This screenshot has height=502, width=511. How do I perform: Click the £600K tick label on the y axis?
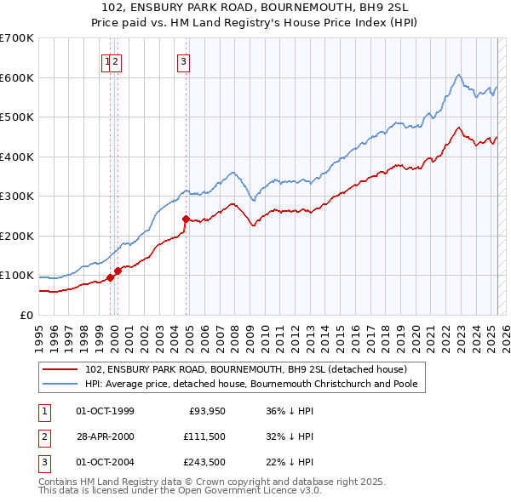[x=16, y=77]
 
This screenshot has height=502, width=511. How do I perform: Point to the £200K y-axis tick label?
[x=16, y=236]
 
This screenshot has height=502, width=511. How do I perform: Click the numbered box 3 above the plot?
[x=183, y=60]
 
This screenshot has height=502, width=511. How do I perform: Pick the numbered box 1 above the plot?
[x=107, y=60]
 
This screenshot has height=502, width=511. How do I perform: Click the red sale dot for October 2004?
[x=185, y=219]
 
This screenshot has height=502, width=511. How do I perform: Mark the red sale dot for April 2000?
[x=118, y=271]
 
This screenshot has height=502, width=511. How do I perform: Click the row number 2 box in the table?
[x=43, y=437]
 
